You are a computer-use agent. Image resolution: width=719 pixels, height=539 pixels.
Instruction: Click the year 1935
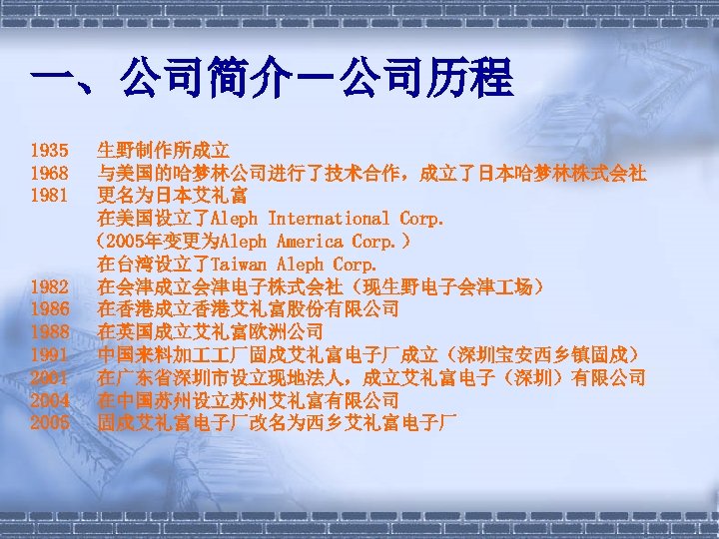pos(50,151)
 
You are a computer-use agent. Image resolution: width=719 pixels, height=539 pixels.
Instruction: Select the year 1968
pos(50,173)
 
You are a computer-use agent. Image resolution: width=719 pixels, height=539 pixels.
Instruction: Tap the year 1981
pos(50,196)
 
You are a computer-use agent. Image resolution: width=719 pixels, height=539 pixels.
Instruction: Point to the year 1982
pos(50,286)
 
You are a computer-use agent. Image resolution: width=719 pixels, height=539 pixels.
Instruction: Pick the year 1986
pos(50,309)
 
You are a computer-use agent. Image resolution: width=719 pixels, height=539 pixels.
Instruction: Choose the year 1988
pos(50,331)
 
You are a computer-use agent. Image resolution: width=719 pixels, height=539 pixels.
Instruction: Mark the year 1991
pos(50,354)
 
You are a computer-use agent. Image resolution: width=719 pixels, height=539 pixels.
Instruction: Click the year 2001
pos(50,377)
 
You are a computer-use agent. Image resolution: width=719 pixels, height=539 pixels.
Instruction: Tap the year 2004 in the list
pos(50,400)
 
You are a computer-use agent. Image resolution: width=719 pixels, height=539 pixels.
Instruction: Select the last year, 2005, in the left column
pos(50,422)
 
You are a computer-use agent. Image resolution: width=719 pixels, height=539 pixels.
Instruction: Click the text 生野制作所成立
pos(164,151)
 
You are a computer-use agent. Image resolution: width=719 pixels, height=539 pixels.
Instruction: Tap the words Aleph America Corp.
pos(306,241)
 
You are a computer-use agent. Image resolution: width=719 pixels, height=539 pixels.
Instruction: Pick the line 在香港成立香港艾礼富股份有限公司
pos(249,309)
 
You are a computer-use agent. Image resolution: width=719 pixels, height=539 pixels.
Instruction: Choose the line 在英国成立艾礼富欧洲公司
pos(217,331)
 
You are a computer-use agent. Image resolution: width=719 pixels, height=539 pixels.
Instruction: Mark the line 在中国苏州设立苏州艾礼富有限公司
pos(249,400)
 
